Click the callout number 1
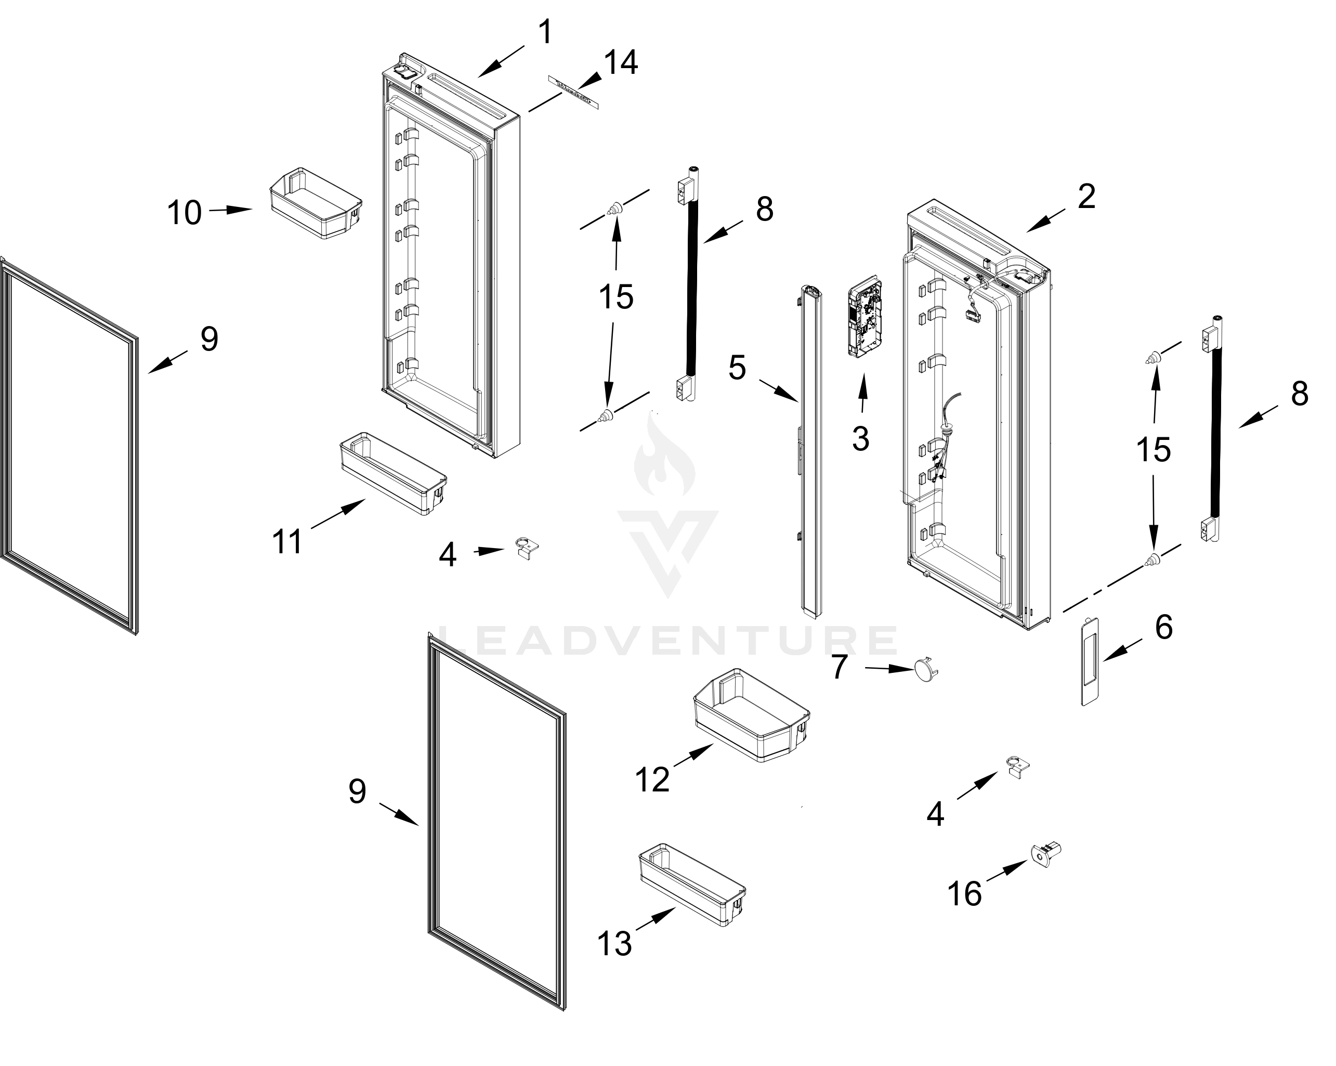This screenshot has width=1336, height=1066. [x=545, y=32]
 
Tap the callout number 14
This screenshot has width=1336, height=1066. [x=620, y=63]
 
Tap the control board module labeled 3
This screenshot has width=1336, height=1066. [x=865, y=318]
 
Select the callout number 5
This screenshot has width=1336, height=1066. [x=737, y=368]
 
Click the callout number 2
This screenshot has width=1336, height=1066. [x=1086, y=197]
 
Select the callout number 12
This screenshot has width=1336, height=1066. [x=652, y=779]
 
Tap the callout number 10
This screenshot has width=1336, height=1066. [x=184, y=213]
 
